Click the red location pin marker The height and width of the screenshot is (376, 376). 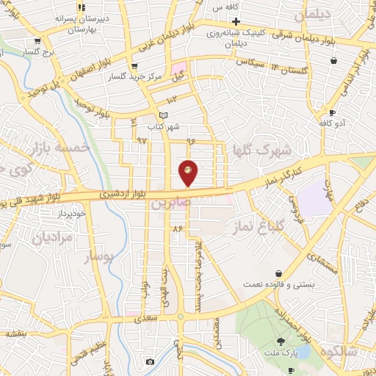tap(189, 172)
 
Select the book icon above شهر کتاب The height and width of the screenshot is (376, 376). tap(164, 115)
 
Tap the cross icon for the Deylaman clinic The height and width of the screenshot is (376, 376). tap(236, 22)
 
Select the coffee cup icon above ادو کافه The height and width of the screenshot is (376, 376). tap(333, 112)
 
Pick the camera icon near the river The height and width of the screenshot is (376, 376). tap(151, 361)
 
